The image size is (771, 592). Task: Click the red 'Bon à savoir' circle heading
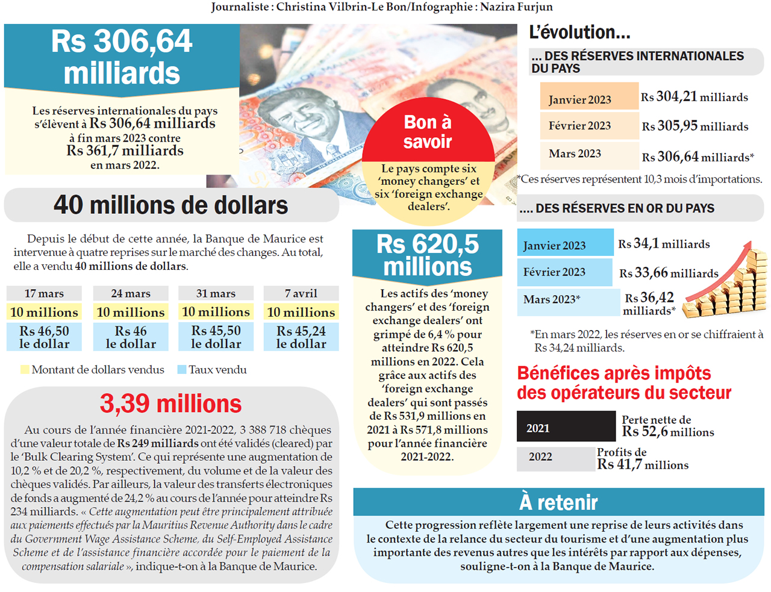coord(428,131)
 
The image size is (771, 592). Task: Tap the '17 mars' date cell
coord(44,293)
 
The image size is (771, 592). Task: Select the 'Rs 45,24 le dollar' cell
coord(301,337)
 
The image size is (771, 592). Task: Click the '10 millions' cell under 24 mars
coord(131,312)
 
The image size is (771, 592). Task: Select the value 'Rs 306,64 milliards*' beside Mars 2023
coord(698,157)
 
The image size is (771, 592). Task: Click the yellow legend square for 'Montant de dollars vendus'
coord(25,370)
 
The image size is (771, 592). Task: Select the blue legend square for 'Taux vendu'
coord(182,370)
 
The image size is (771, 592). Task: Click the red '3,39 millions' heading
coord(170,403)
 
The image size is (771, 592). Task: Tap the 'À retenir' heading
coord(558,502)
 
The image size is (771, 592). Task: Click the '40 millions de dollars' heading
coord(171,205)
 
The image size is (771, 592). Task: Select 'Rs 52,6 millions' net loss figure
coord(668,432)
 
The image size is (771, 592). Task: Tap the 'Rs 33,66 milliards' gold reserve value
coord(669,273)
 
